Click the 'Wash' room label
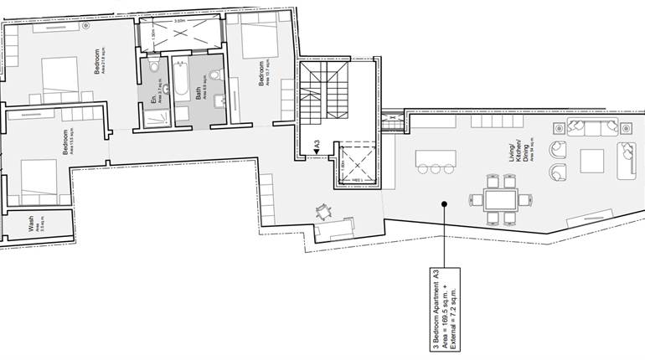[x=31, y=226]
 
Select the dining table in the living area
[x=500, y=199]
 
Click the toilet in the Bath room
[x=214, y=75]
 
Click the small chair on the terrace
[x=323, y=213]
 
